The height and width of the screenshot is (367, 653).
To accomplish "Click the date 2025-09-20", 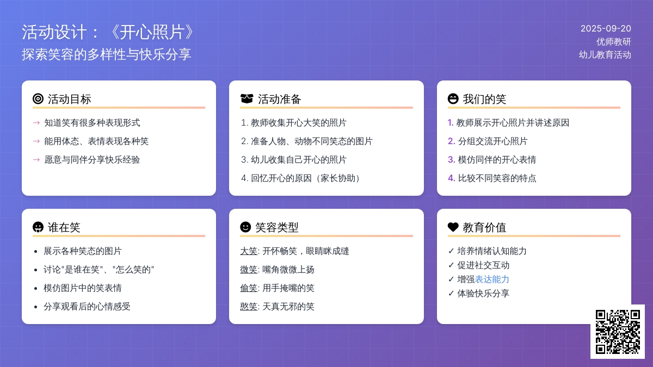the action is tap(606, 28).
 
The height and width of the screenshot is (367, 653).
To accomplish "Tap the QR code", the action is tap(618, 332).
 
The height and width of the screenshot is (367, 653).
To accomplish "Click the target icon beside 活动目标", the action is tap(38, 99).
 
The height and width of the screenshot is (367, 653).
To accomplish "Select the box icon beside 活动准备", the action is tap(247, 99).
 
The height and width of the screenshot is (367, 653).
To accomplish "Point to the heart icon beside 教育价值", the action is tap(453, 227).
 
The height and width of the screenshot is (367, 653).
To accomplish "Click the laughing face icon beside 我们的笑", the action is tap(453, 99).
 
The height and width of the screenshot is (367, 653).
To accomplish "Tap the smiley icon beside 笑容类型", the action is tap(245, 227).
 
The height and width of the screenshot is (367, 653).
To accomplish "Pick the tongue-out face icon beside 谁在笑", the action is tap(38, 227).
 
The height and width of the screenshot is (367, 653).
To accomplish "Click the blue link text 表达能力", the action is tap(492, 279).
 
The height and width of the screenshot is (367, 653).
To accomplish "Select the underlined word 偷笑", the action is tap(249, 288).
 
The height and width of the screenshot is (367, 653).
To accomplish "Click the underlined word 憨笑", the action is tap(249, 307).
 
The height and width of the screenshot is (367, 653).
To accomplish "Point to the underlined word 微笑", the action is tap(249, 270).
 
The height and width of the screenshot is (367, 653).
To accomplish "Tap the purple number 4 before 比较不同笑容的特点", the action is tap(451, 178).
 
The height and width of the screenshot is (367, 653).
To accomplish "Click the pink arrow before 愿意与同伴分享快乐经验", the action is tap(36, 160).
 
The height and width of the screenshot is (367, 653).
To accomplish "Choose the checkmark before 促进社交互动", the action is tap(451, 265).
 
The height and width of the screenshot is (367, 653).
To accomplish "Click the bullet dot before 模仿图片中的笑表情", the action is tap(35, 289).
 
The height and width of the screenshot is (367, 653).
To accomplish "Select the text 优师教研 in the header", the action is tap(614, 42).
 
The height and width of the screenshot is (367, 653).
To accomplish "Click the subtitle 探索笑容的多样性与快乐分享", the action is tap(107, 54).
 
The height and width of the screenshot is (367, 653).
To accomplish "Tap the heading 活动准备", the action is tap(280, 99).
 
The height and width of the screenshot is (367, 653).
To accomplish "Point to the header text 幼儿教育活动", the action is tap(605, 55).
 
